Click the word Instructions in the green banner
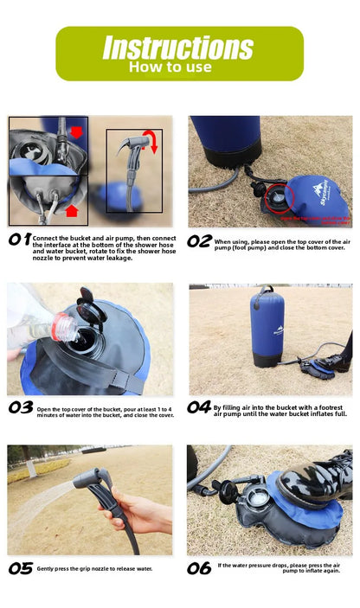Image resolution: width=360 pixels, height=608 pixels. pyautogui.click(x=177, y=47)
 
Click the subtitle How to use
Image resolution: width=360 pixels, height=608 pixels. pyautogui.click(x=170, y=67)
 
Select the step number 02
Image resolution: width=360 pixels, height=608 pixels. pyautogui.click(x=200, y=241)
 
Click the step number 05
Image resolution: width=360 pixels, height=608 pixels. pyautogui.click(x=21, y=568)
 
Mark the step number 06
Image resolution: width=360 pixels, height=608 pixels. pyautogui.click(x=200, y=568)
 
